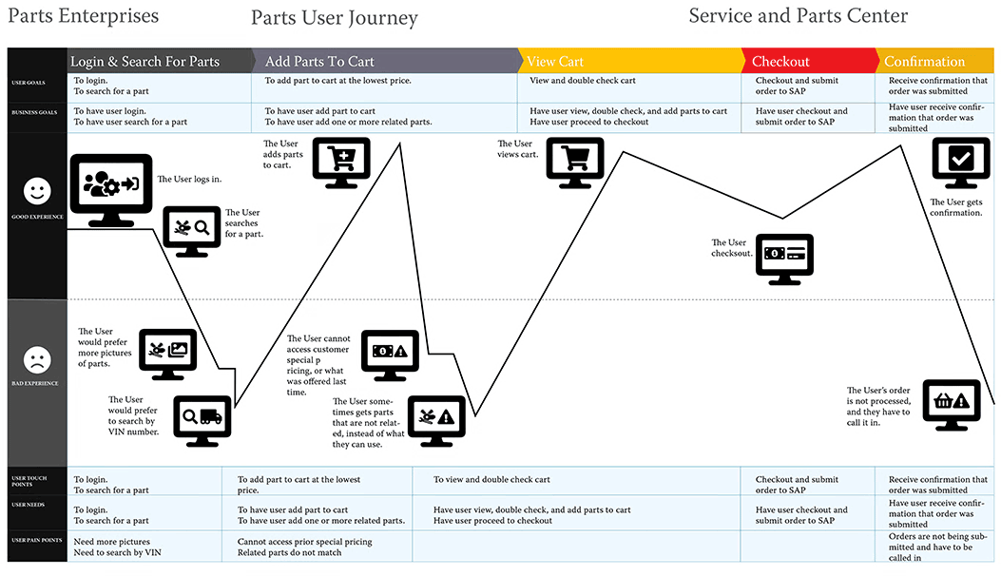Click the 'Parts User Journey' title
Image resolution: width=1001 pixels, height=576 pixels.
(x=334, y=18)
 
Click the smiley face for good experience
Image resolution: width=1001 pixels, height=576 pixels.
(x=37, y=190)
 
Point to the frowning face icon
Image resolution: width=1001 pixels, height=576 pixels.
(x=37, y=360)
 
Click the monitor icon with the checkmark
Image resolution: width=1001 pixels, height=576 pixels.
(x=961, y=163)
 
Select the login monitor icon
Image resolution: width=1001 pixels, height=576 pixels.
(x=111, y=190)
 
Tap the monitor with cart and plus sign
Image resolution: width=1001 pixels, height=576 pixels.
(x=341, y=163)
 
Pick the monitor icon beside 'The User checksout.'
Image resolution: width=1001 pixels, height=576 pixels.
(x=784, y=259)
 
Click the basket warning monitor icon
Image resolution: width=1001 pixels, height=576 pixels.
(x=952, y=405)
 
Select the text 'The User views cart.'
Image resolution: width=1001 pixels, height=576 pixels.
(x=518, y=149)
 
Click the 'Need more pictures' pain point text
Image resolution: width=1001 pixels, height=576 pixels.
(x=112, y=542)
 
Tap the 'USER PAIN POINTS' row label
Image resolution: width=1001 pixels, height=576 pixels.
(x=37, y=540)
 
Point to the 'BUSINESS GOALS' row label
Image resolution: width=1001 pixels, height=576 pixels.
(x=34, y=112)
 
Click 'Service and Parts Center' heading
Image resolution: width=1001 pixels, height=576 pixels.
(x=798, y=16)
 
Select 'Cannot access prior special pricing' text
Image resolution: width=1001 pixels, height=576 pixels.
(x=304, y=542)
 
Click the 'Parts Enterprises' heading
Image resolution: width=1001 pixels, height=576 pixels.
(x=83, y=16)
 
